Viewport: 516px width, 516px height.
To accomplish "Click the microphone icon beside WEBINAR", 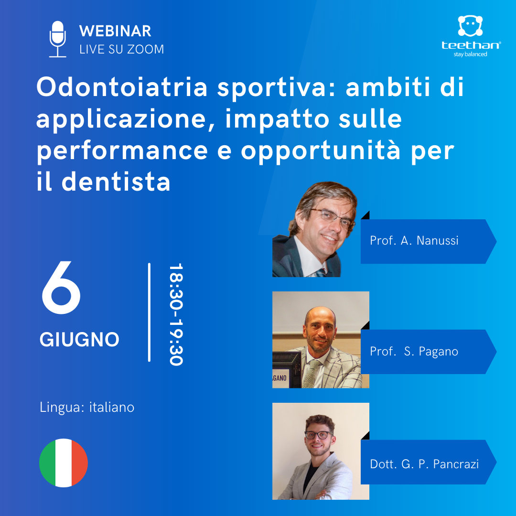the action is point(58,39).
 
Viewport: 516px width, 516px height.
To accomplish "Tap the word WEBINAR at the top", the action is point(115,31).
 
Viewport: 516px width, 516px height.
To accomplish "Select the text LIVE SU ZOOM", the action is point(122,49).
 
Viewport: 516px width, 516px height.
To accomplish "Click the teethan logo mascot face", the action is point(470,26).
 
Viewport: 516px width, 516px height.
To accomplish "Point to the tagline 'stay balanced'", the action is point(470,54).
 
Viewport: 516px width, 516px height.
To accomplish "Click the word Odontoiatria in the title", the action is point(122,87).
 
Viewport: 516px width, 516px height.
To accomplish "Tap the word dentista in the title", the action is point(116,182).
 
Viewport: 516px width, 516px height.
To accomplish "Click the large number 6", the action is point(61,287).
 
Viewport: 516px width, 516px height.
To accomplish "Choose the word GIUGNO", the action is point(79,340).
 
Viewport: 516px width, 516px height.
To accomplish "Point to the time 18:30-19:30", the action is point(176,314).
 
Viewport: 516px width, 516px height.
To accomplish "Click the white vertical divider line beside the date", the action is point(150,312).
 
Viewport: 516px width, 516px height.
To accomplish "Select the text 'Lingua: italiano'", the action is point(87,408).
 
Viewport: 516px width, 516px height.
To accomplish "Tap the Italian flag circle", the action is point(64,462).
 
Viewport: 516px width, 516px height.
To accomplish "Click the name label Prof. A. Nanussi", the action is point(414,240).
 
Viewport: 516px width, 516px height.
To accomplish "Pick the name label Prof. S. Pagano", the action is point(414,352).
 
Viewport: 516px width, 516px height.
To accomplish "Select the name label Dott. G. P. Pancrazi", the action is point(424,464).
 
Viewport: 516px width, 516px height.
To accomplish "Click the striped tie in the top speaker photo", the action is point(321,272).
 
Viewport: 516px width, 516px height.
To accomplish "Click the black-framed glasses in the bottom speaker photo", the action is point(318,435).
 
